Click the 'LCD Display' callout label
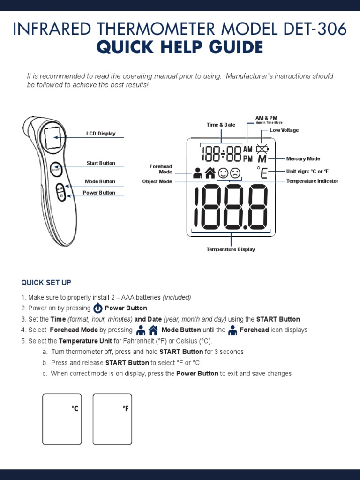(100, 134)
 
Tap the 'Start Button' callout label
(100, 163)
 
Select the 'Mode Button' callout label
(100, 181)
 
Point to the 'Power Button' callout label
(99, 193)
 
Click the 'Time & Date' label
(221, 125)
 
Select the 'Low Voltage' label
(284, 130)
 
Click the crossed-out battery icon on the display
(262, 150)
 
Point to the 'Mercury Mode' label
(303, 159)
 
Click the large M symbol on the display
(262, 159)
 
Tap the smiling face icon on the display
(223, 173)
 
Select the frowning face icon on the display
(235, 173)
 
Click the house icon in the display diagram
(210, 173)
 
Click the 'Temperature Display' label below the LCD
(231, 249)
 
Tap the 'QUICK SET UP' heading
(46, 282)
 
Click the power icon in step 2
(97, 308)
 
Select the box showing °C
(62, 419)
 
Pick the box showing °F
(112, 419)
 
